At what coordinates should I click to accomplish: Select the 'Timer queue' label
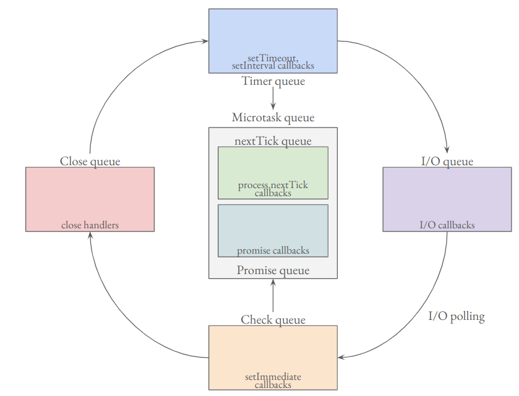pyautogui.click(x=273, y=81)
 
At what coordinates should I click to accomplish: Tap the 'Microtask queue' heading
pyautogui.click(x=273, y=118)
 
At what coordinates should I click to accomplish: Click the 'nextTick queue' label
pyautogui.click(x=273, y=141)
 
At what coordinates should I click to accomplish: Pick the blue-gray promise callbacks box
pyautogui.click(x=273, y=226)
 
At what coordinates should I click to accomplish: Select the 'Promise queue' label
pyautogui.click(x=273, y=270)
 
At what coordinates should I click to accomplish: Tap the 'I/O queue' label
pyautogui.click(x=447, y=161)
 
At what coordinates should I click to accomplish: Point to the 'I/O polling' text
pyautogui.click(x=457, y=317)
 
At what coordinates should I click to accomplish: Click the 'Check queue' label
pyautogui.click(x=273, y=320)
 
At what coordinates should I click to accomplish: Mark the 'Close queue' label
pyautogui.click(x=90, y=161)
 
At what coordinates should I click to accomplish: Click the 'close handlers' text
pyautogui.click(x=90, y=225)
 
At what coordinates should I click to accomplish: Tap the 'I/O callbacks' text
pyautogui.click(x=447, y=225)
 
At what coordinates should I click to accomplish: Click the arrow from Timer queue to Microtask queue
pyautogui.click(x=273, y=98)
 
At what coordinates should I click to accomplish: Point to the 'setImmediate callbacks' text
pyautogui.click(x=273, y=381)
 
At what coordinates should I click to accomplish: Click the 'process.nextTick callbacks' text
pyautogui.click(x=273, y=189)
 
